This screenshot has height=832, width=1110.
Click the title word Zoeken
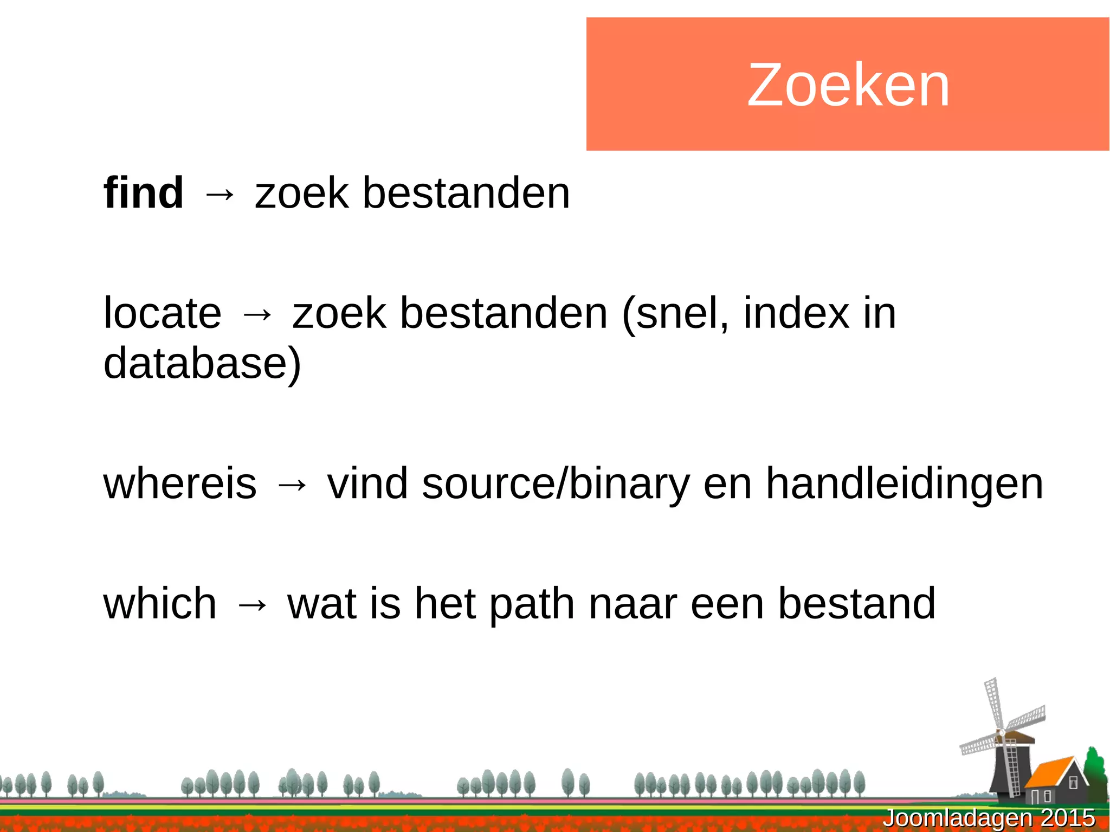tap(848, 85)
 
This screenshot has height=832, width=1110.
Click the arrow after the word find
tap(219, 194)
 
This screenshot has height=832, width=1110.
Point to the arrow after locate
tap(257, 314)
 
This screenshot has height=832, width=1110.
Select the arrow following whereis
tap(292, 485)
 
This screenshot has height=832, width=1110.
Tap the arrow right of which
tap(252, 604)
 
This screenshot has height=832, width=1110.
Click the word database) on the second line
tap(202, 363)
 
